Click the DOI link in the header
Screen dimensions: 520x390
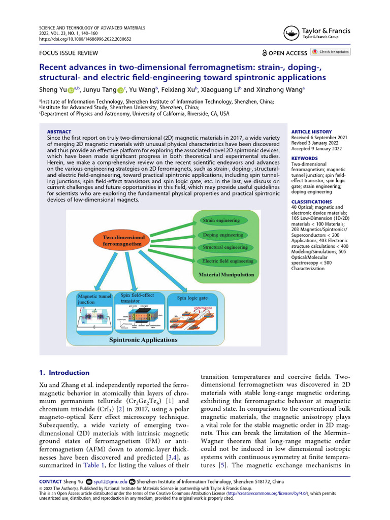(85, 39)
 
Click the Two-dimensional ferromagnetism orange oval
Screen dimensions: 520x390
(124, 241)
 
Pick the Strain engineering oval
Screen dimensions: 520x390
(221, 221)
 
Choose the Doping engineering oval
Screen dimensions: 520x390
(223, 235)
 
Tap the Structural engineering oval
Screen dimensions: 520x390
(225, 248)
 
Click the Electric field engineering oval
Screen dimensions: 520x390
(227, 261)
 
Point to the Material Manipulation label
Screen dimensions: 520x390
(226, 275)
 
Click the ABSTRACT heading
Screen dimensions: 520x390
(59, 132)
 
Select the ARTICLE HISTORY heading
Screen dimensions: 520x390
(312, 132)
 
